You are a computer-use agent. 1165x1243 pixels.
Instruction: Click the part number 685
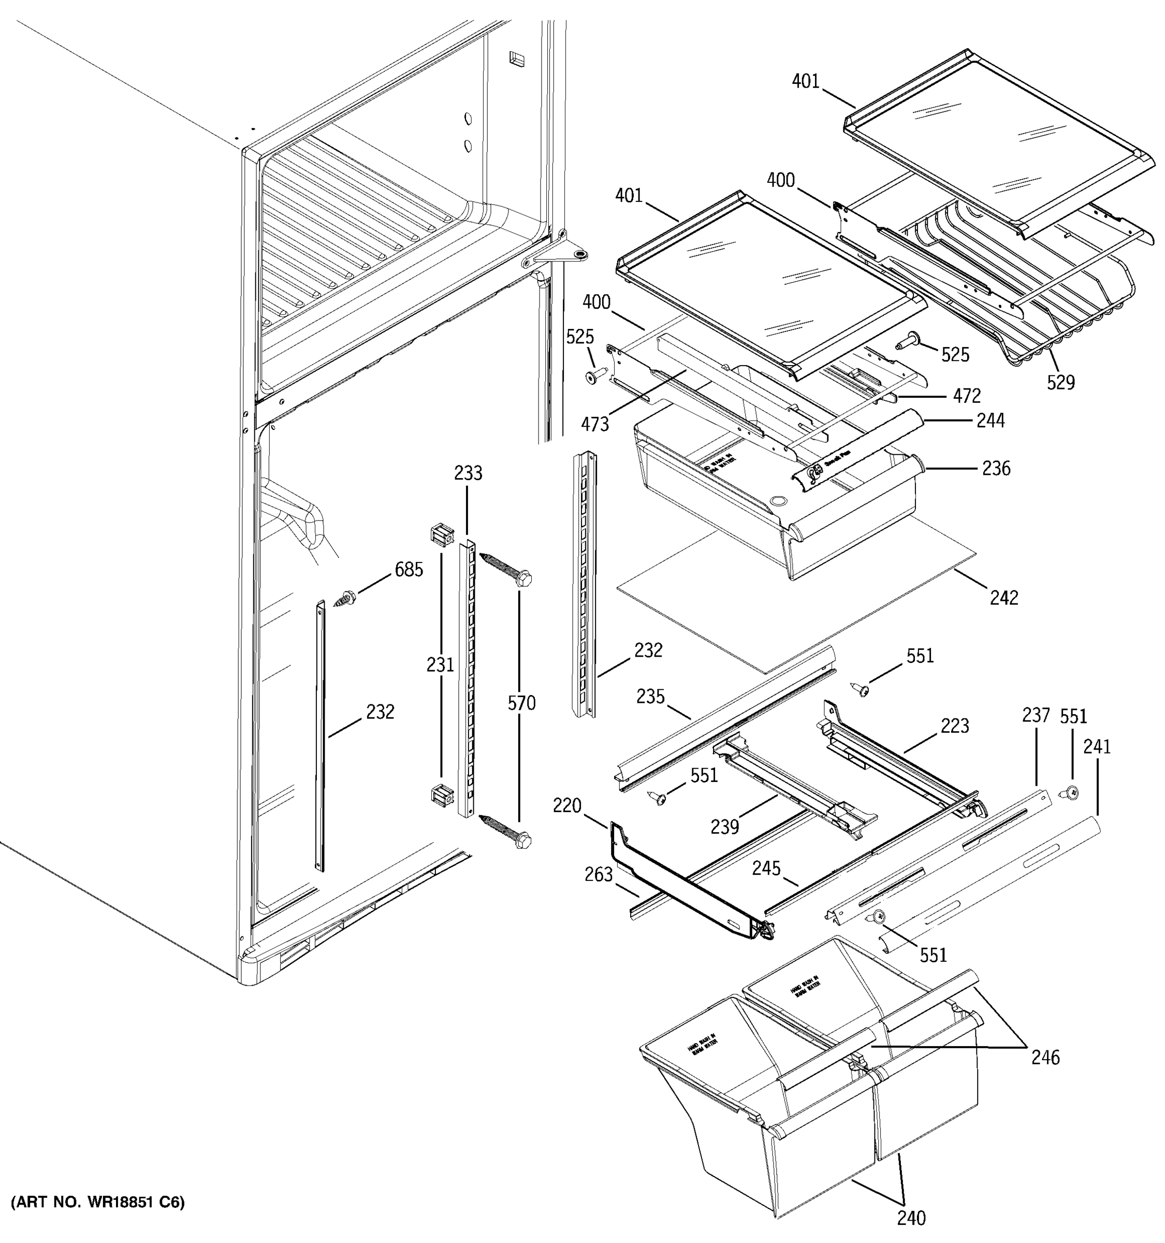coord(409,570)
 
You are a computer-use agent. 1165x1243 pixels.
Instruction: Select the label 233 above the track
coord(468,473)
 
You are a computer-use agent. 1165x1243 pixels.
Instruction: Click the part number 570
coord(521,703)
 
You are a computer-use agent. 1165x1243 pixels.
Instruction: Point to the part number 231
coord(440,664)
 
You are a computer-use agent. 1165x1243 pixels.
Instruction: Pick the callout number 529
coord(1060,382)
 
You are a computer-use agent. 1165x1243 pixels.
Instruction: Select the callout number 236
coord(996,468)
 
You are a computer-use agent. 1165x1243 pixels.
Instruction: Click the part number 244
coord(991,420)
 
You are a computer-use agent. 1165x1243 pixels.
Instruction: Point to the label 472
coord(967,395)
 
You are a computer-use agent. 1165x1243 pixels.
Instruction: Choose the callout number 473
coord(594,425)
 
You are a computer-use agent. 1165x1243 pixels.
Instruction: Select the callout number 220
coord(567,806)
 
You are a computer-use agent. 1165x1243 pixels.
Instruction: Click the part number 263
coord(598,875)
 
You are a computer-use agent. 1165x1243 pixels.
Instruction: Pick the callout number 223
coord(954,726)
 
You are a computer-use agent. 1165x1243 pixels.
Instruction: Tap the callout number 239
coord(724,827)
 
